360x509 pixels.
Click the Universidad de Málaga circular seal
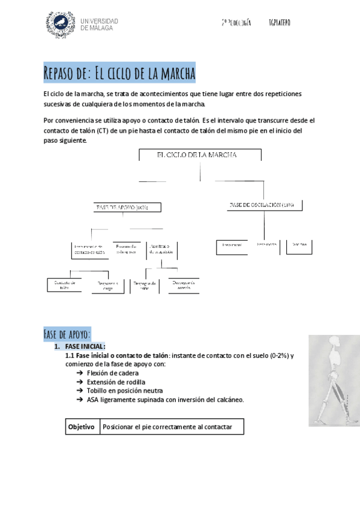tap(61, 24)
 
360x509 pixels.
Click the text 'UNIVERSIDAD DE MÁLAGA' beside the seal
tap(99, 25)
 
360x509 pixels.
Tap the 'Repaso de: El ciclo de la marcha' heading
tap(120, 74)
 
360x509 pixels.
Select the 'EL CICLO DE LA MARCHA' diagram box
tap(200, 155)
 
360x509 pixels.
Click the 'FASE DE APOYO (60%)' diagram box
tap(121, 207)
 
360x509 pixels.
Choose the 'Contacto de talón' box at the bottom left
tap(64, 284)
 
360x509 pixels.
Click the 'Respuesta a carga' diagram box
tap(109, 286)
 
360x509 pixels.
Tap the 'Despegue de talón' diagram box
tap(144, 286)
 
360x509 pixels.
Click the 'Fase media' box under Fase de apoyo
tap(127, 250)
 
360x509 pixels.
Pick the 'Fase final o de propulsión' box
tap(161, 250)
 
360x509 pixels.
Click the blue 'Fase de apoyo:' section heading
tap(67, 334)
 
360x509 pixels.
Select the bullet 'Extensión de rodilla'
tap(116, 382)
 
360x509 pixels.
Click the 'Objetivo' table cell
tap(82, 427)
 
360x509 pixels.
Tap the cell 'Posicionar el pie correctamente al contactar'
tap(172, 427)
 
